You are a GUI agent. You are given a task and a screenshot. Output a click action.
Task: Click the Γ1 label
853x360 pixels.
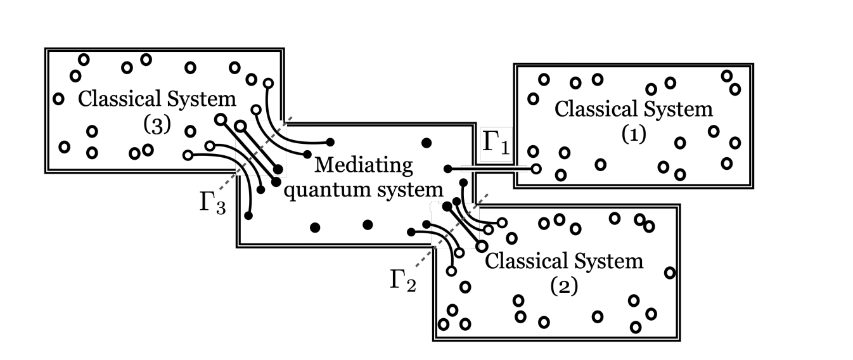495,143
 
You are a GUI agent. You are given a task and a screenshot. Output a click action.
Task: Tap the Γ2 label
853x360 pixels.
403,279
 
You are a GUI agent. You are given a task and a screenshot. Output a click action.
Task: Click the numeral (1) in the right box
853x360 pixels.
633,136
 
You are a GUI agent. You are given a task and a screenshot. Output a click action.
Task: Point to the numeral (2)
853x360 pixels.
563,286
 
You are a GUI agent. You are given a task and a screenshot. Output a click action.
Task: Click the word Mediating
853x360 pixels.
363,166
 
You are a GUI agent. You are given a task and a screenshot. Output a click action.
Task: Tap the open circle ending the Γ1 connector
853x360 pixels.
536,169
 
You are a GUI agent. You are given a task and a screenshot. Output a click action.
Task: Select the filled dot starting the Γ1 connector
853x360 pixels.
447,169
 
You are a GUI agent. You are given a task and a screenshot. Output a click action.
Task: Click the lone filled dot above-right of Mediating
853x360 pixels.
426,141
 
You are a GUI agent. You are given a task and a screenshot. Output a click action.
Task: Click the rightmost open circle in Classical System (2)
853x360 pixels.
669,273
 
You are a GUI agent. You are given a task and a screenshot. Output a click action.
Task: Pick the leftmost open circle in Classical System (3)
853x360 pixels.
58,99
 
